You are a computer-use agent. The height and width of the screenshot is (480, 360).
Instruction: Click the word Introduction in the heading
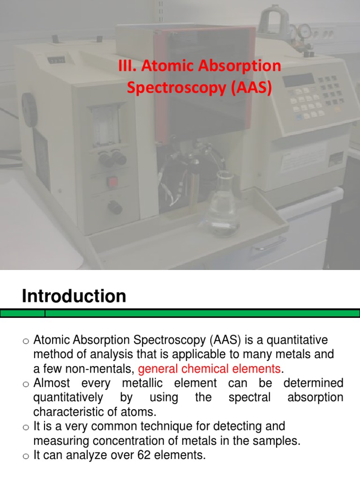(x=74, y=296)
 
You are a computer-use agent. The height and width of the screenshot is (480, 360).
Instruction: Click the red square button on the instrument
(x=112, y=181)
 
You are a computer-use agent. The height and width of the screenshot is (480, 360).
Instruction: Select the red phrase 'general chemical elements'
(x=210, y=369)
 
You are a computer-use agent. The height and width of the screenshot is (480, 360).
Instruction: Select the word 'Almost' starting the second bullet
(x=51, y=383)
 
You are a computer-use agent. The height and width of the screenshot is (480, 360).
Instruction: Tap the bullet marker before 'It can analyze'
(x=26, y=455)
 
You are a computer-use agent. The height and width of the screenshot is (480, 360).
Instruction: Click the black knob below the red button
(x=114, y=207)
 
